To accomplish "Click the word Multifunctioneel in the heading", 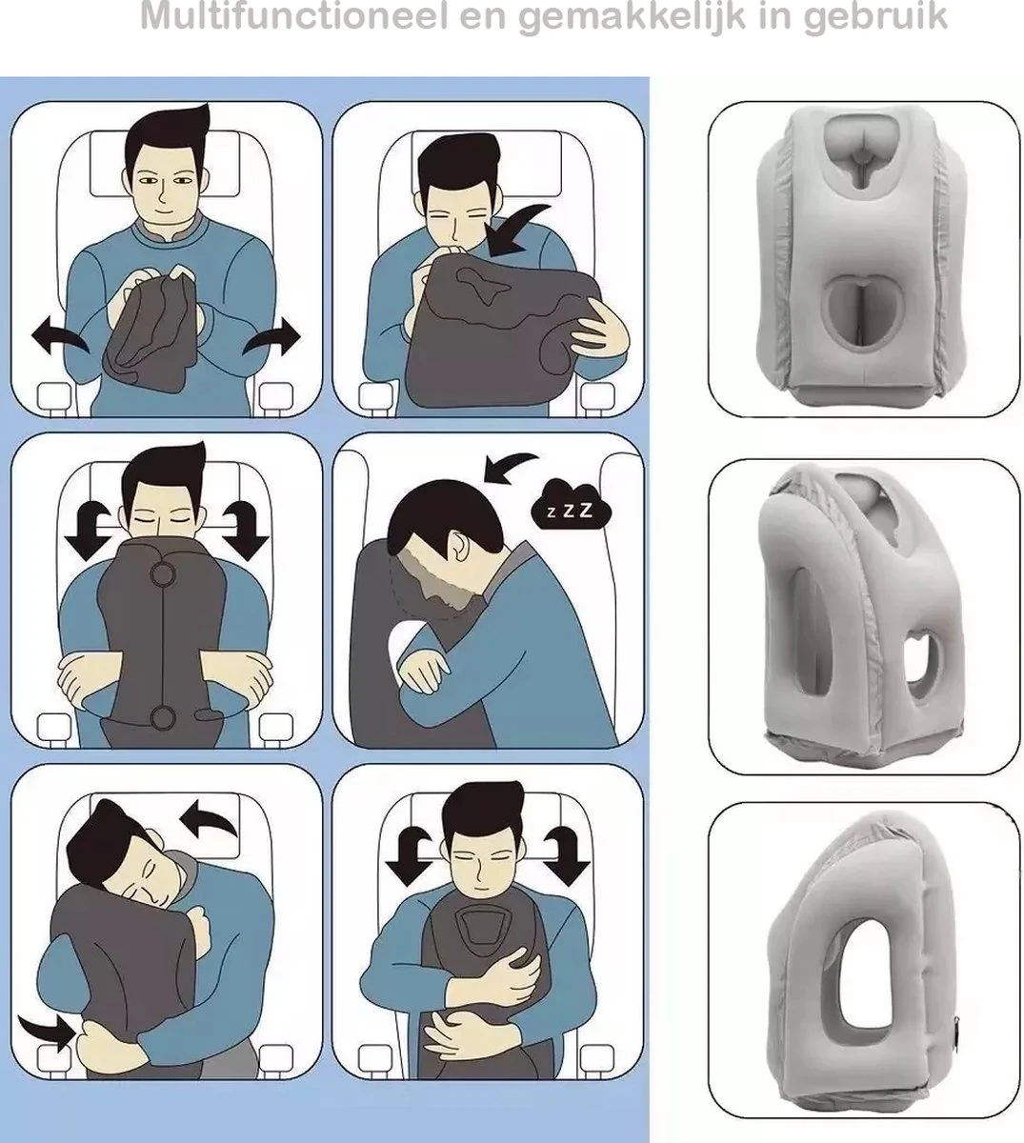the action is point(293,16).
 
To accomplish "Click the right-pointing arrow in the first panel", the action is point(271,337).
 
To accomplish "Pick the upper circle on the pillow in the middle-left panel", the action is point(163,573).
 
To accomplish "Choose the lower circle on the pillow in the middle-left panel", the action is point(163,718).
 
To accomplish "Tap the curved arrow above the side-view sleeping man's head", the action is point(510,467).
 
